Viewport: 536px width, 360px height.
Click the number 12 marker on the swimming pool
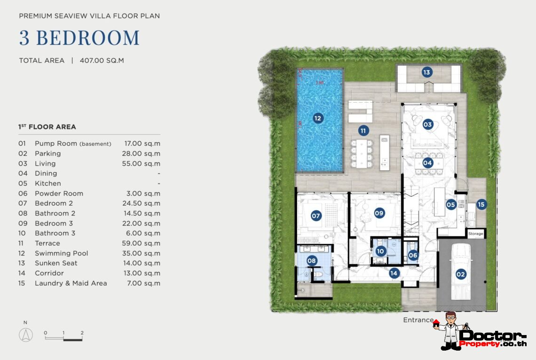pos(318,118)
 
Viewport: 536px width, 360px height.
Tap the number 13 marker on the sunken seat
pos(426,72)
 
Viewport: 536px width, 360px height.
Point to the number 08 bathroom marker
pos(312,260)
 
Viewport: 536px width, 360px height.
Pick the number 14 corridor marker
pos(394,272)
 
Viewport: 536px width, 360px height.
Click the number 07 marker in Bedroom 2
pos(316,216)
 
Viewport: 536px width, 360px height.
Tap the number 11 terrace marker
pos(363,130)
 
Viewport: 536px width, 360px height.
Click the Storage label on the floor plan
pos(475,233)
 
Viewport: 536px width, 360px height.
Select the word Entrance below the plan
pos(418,320)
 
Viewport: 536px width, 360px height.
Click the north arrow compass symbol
pos(25,335)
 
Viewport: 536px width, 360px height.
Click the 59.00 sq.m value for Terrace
pos(141,243)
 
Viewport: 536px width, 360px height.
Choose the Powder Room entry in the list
pos(59,193)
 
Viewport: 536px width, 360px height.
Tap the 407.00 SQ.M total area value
pos(102,60)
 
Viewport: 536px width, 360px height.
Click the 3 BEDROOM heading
pos(79,38)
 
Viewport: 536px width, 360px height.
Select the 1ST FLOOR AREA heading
pos(47,127)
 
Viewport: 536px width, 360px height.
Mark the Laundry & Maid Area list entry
pos(71,283)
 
